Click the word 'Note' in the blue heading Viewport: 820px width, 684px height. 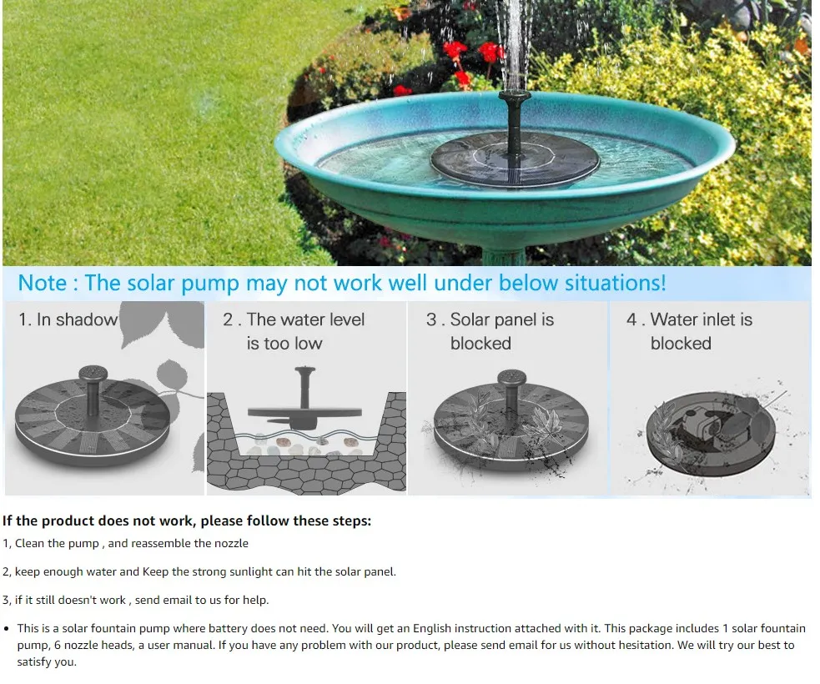43,283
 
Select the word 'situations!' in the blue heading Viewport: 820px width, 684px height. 615,283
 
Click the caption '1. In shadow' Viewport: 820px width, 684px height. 68,319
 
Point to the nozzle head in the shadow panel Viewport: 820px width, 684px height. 93,374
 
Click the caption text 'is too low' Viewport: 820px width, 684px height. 284,344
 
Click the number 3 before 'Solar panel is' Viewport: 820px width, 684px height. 431,319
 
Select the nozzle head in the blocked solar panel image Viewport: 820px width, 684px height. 512,378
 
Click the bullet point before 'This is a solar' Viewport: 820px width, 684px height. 7,629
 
